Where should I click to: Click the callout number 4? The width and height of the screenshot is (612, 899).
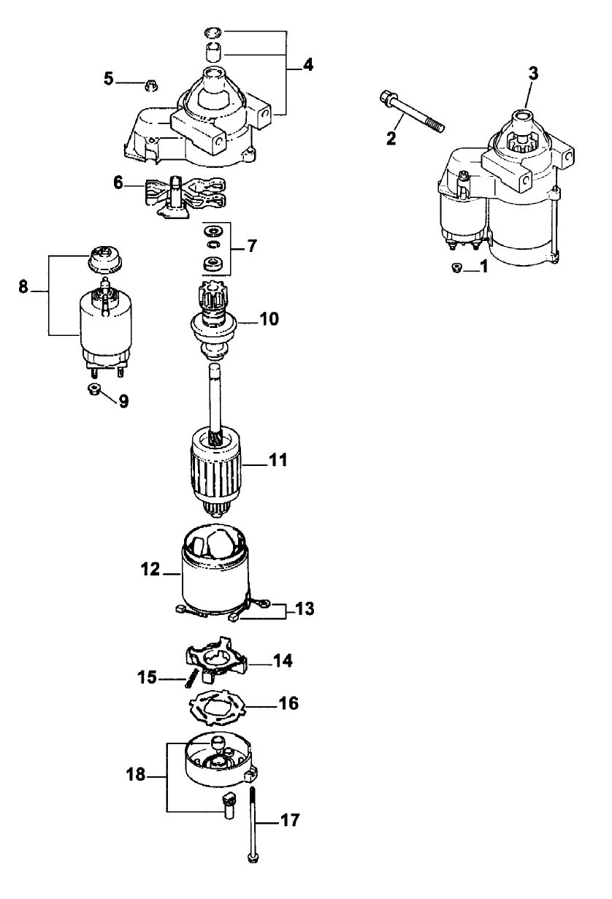pyautogui.click(x=308, y=64)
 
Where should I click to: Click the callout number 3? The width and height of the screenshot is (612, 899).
pyautogui.click(x=533, y=74)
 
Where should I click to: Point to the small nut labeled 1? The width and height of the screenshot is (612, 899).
pyautogui.click(x=457, y=268)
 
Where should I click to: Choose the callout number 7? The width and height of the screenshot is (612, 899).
pyautogui.click(x=252, y=246)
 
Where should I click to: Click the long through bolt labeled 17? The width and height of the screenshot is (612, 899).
pyautogui.click(x=252, y=825)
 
